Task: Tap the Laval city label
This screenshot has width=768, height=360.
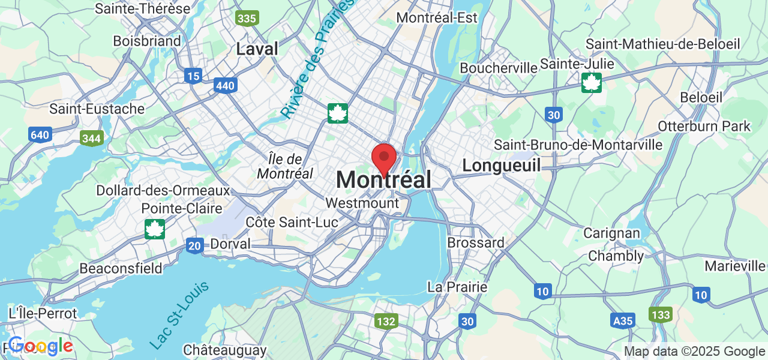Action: (x=257, y=49)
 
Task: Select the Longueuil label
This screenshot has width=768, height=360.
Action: (x=502, y=165)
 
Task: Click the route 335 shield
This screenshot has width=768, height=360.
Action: (x=247, y=19)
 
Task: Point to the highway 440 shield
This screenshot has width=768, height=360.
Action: (x=225, y=86)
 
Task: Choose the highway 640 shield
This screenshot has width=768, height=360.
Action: (x=40, y=135)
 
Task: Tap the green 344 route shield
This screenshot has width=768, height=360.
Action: (x=91, y=139)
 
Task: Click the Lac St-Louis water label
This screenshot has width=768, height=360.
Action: (x=179, y=315)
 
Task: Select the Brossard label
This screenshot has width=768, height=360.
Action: (x=476, y=243)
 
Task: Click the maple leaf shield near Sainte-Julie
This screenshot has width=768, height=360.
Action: (x=592, y=83)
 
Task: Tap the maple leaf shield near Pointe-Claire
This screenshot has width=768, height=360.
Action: (x=155, y=229)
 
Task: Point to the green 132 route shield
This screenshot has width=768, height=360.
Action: (x=386, y=322)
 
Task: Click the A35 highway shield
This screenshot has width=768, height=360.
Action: (x=623, y=321)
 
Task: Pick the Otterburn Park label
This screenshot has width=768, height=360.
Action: (x=704, y=126)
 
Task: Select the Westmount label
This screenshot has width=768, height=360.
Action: (x=362, y=203)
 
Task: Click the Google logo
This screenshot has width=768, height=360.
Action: (x=40, y=346)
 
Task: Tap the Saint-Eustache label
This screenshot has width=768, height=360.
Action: (x=97, y=109)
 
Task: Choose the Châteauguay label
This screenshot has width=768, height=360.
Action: (x=225, y=350)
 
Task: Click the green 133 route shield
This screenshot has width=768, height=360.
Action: (x=660, y=314)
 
